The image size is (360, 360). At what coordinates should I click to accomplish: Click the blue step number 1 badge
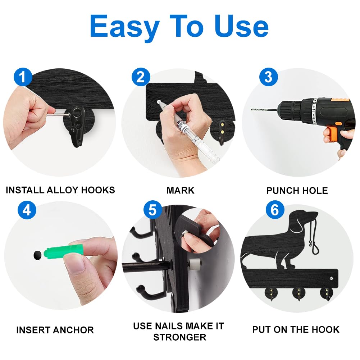point(23,77)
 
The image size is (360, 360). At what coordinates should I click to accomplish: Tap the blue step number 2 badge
point(141,77)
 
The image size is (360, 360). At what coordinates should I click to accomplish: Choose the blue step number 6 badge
point(275,210)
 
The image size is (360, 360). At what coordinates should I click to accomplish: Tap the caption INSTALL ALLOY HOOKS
point(60,190)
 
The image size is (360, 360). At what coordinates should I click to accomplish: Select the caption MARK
point(181,190)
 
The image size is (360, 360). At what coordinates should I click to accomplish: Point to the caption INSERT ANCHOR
point(55,330)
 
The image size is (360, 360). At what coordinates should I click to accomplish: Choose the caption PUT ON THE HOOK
point(296,329)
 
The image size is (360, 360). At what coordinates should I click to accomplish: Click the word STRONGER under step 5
point(180,337)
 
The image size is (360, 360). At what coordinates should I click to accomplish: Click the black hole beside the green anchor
point(37,256)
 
